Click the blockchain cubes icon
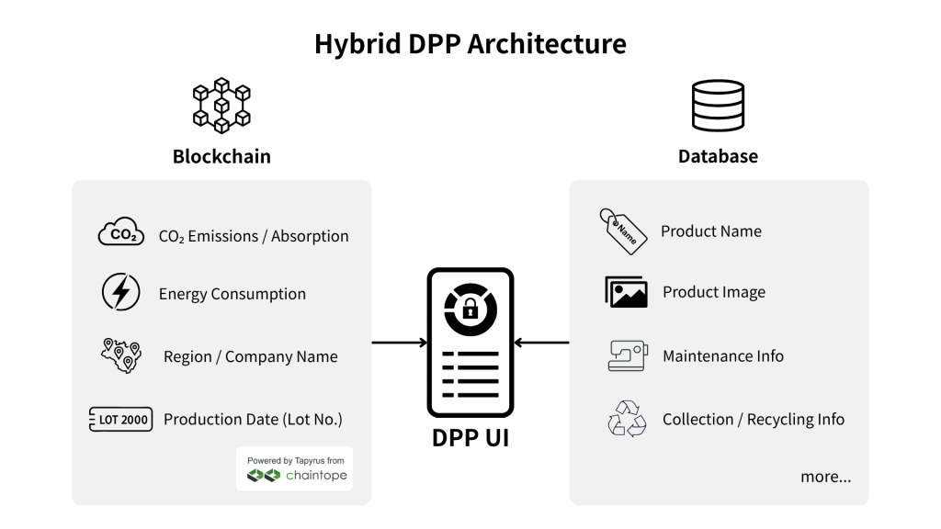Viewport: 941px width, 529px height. point(221,105)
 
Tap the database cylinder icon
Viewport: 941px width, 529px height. point(718,106)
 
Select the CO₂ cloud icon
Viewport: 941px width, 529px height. point(121,232)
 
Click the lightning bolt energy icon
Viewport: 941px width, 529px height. point(120,292)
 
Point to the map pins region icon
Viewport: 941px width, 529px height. point(121,355)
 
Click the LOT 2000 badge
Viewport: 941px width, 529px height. point(120,419)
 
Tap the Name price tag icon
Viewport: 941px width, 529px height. point(623,231)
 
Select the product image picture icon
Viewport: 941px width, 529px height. point(626,292)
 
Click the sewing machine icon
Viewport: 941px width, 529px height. point(628,355)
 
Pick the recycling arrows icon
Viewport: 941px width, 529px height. point(627,419)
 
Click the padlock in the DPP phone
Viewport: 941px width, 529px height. point(470,310)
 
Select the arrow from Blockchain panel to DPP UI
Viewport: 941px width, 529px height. point(400,343)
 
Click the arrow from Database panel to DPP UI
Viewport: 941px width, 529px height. point(541,343)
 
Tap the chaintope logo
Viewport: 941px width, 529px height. point(297,475)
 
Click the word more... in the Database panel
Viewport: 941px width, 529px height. point(826,477)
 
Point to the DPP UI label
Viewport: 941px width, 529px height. point(470,438)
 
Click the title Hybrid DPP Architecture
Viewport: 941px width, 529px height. point(470,44)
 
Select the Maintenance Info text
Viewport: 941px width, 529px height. point(723,356)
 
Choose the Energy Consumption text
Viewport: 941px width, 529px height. point(232,294)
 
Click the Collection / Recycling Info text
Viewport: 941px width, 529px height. point(754,419)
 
